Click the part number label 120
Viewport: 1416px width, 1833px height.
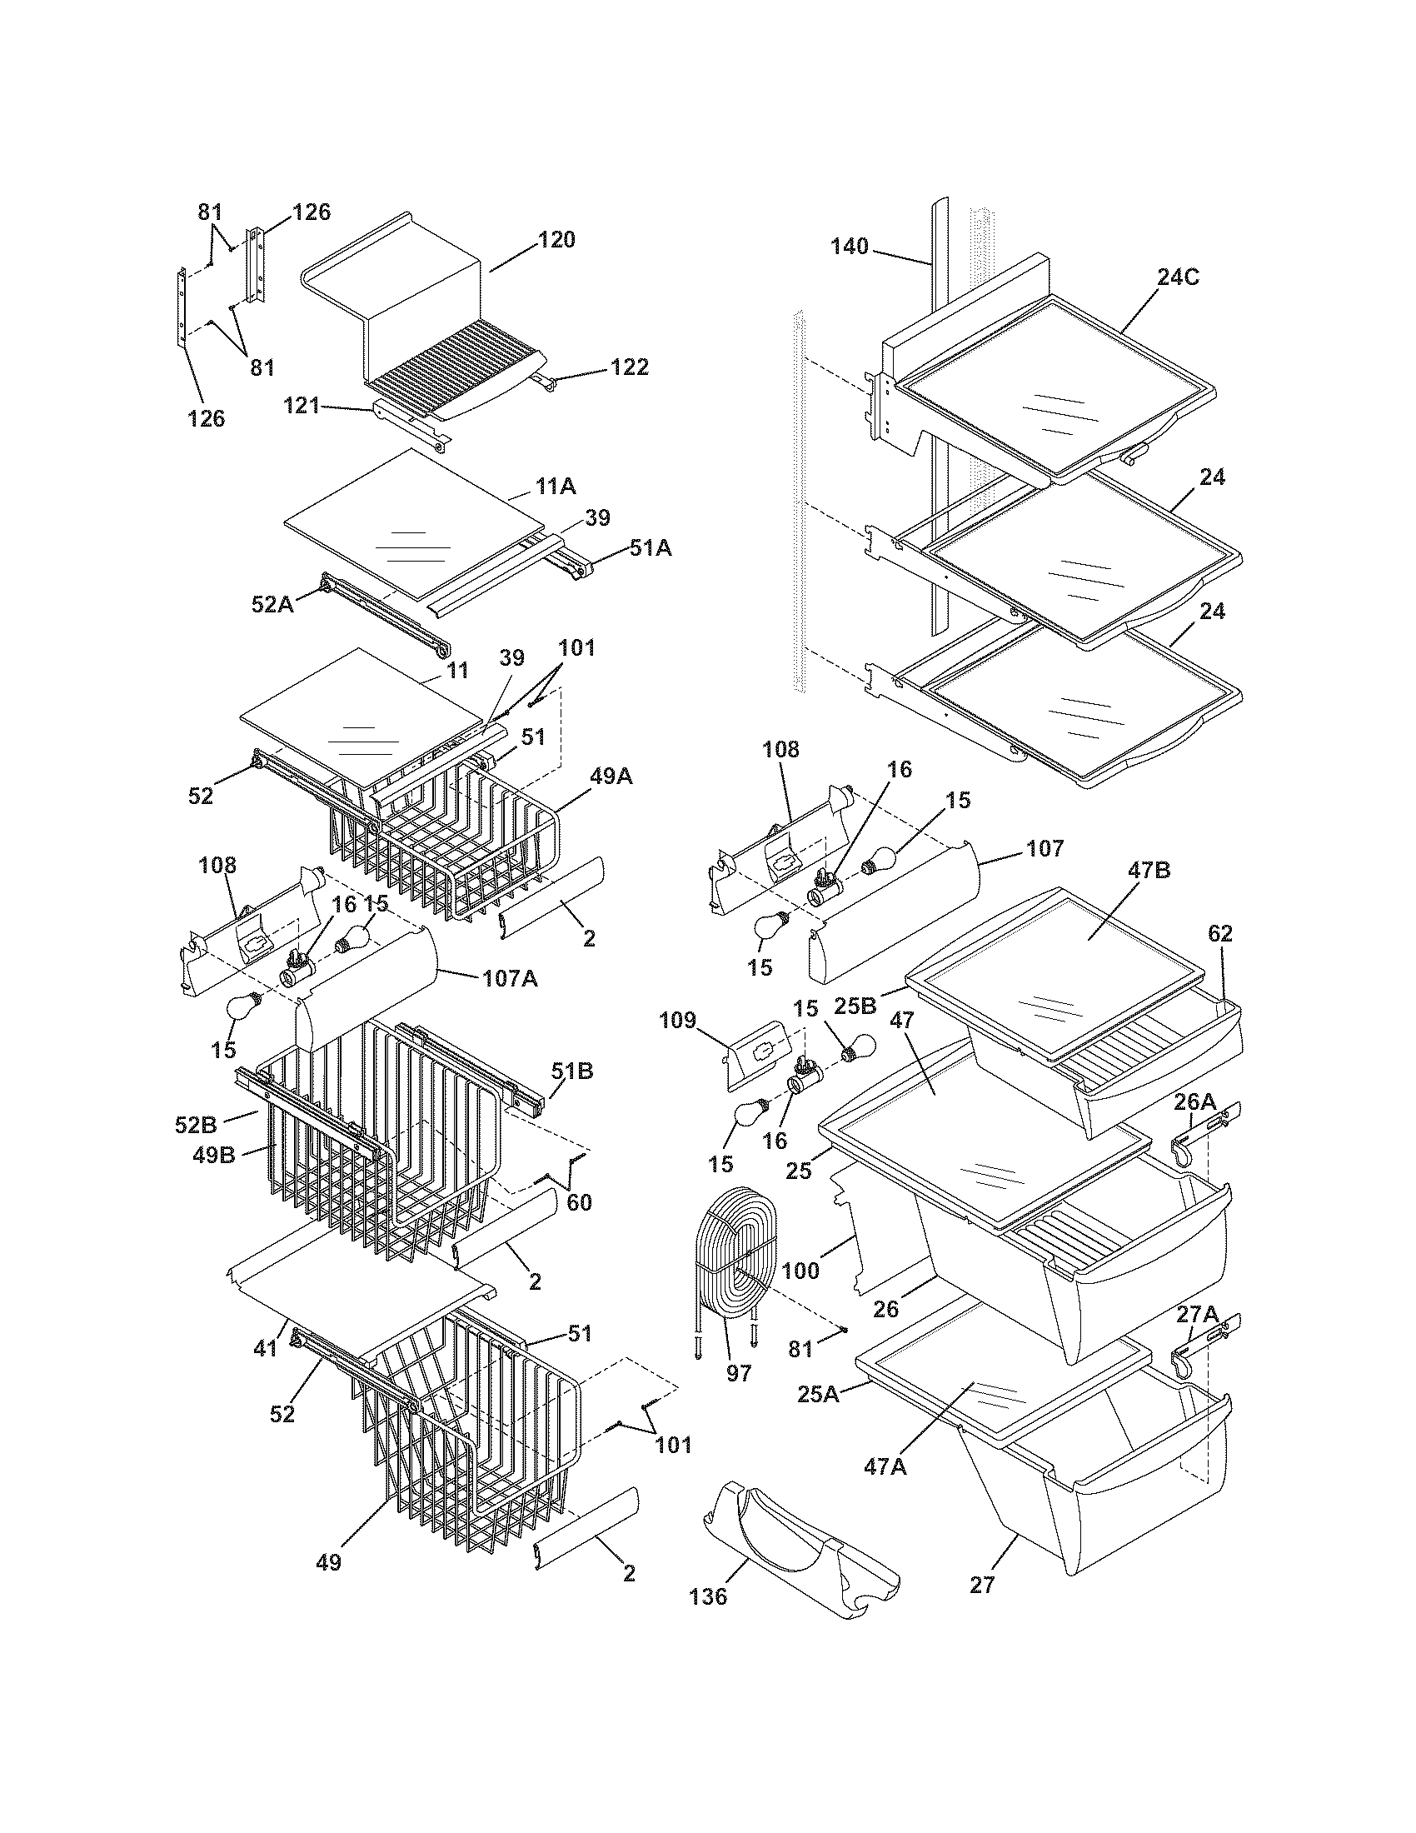(556, 240)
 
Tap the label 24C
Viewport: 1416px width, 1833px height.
(1178, 277)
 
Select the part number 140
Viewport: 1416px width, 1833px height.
(850, 246)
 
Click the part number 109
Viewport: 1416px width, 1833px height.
(678, 1021)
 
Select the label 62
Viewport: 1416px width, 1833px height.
(1220, 933)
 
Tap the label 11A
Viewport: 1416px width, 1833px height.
(556, 486)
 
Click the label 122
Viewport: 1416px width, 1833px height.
(629, 367)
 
